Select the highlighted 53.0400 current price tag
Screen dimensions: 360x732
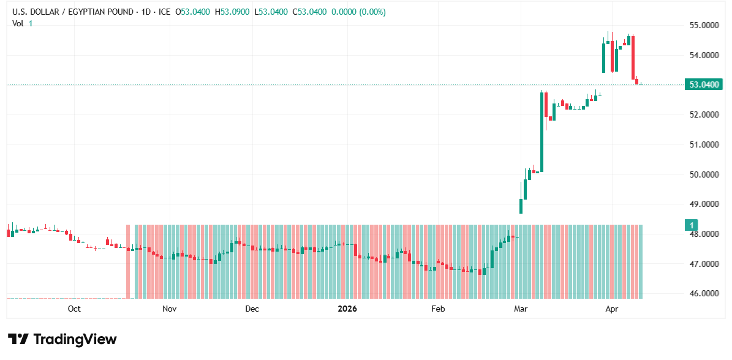702,84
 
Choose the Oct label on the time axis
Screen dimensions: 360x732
74,309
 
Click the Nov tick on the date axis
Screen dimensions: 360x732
170,309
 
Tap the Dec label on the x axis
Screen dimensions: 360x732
252,309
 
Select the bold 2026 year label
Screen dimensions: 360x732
347,309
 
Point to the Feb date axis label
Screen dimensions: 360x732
437,309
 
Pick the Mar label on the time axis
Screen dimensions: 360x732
521,309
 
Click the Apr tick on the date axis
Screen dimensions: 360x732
611,309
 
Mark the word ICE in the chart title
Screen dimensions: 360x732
164,12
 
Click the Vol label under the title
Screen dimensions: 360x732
18,23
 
